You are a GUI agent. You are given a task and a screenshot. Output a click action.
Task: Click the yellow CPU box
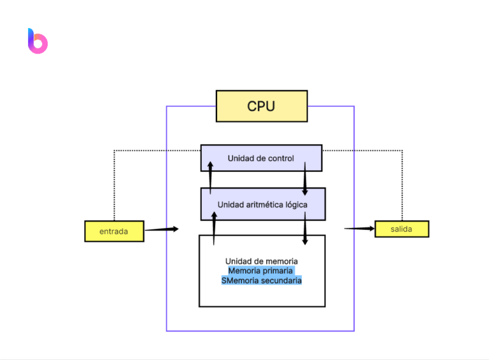261,106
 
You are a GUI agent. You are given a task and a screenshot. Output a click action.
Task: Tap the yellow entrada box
114,231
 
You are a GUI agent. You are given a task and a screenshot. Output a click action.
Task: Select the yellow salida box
401,229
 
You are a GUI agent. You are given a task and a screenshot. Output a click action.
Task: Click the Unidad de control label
260,158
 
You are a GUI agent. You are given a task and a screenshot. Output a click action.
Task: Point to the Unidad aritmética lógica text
262,205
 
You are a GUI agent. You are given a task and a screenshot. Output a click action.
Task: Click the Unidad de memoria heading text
261,261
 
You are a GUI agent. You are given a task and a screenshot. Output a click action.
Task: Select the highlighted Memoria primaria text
261,271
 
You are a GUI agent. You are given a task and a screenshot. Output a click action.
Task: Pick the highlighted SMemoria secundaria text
261,280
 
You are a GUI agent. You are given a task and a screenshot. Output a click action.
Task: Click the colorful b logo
38,41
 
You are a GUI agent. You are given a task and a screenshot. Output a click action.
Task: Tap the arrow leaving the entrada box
161,229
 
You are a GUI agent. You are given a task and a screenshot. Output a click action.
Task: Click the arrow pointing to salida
359,228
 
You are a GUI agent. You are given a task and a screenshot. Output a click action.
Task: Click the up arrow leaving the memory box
214,227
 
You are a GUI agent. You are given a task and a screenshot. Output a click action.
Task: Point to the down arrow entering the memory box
305,228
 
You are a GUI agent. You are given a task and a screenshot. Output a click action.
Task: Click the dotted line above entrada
114,185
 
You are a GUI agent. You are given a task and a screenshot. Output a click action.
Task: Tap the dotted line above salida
402,185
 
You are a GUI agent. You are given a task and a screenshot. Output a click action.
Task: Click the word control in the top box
281,158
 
